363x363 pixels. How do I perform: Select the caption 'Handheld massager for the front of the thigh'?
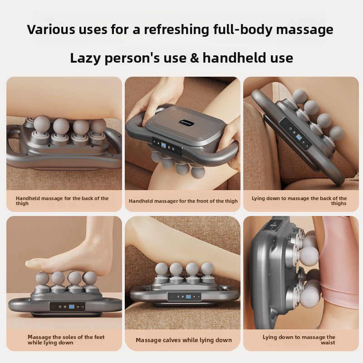point(183,201)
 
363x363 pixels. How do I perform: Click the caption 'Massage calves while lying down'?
point(183,340)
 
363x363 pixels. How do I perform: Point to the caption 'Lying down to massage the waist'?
point(299,340)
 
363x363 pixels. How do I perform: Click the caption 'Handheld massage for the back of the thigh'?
point(62,201)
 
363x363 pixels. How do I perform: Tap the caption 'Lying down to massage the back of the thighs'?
point(299,201)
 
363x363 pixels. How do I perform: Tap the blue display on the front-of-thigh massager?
point(163,146)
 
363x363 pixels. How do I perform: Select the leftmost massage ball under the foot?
point(42,278)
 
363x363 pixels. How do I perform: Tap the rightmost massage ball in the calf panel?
point(207,269)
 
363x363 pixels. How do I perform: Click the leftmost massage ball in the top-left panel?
point(42,124)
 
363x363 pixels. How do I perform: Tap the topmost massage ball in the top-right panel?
point(299,96)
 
